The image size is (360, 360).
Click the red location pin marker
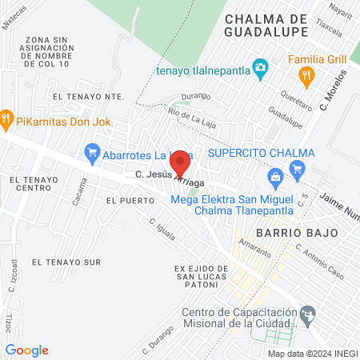pyautogui.click(x=181, y=162)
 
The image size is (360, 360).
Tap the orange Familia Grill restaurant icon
pyautogui.click(x=305, y=76)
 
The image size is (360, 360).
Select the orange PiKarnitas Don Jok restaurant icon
pyautogui.click(x=7, y=118)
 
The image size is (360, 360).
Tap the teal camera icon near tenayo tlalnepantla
pyautogui.click(x=259, y=66)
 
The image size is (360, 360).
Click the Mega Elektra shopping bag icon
pyautogui.click(x=276, y=175)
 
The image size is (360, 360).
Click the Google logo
pyautogui.click(x=27, y=350)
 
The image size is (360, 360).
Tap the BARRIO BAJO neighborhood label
pyautogui.click(x=286, y=231)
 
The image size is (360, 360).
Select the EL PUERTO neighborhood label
pyautogui.click(x=122, y=200)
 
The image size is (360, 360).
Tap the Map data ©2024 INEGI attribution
pyautogui.click(x=311, y=353)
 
